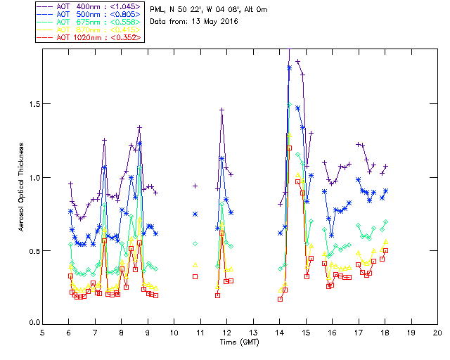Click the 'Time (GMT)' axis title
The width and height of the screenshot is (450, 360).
[239, 342]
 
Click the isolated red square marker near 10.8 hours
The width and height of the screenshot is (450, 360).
[195, 276]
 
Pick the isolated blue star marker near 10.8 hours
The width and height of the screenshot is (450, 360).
[195, 214]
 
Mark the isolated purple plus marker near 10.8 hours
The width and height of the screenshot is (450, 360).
[195, 186]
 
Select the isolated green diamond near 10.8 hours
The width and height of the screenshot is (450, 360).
[195, 243]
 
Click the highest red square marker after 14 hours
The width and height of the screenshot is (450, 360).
[289, 148]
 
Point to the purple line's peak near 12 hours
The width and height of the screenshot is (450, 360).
[221, 110]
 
